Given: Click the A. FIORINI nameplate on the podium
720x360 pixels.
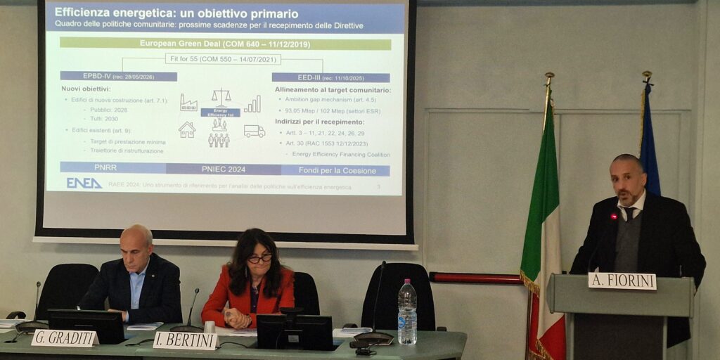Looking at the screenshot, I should [x=622, y=281].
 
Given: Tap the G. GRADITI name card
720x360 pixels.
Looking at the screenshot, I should [x=63, y=338].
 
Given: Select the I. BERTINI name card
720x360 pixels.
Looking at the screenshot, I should [x=185, y=341].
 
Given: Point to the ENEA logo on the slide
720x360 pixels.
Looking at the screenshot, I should [x=84, y=183].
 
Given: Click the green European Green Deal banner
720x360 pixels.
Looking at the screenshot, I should [x=225, y=44].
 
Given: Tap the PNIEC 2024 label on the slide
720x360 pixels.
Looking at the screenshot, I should [x=224, y=169].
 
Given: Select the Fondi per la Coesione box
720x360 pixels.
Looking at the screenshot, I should [x=335, y=170].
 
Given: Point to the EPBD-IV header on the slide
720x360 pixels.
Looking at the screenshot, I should [x=118, y=76].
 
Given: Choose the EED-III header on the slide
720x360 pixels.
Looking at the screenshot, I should [x=330, y=77].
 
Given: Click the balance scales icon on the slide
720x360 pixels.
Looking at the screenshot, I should [x=221, y=96].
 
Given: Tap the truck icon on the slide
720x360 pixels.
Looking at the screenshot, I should [x=254, y=131].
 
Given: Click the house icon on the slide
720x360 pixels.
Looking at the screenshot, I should [x=187, y=130].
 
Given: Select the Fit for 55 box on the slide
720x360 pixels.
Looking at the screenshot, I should [x=223, y=59].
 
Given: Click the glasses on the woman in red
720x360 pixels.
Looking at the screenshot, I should [x=259, y=259].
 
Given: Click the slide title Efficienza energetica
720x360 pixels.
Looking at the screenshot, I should [x=176, y=13].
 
